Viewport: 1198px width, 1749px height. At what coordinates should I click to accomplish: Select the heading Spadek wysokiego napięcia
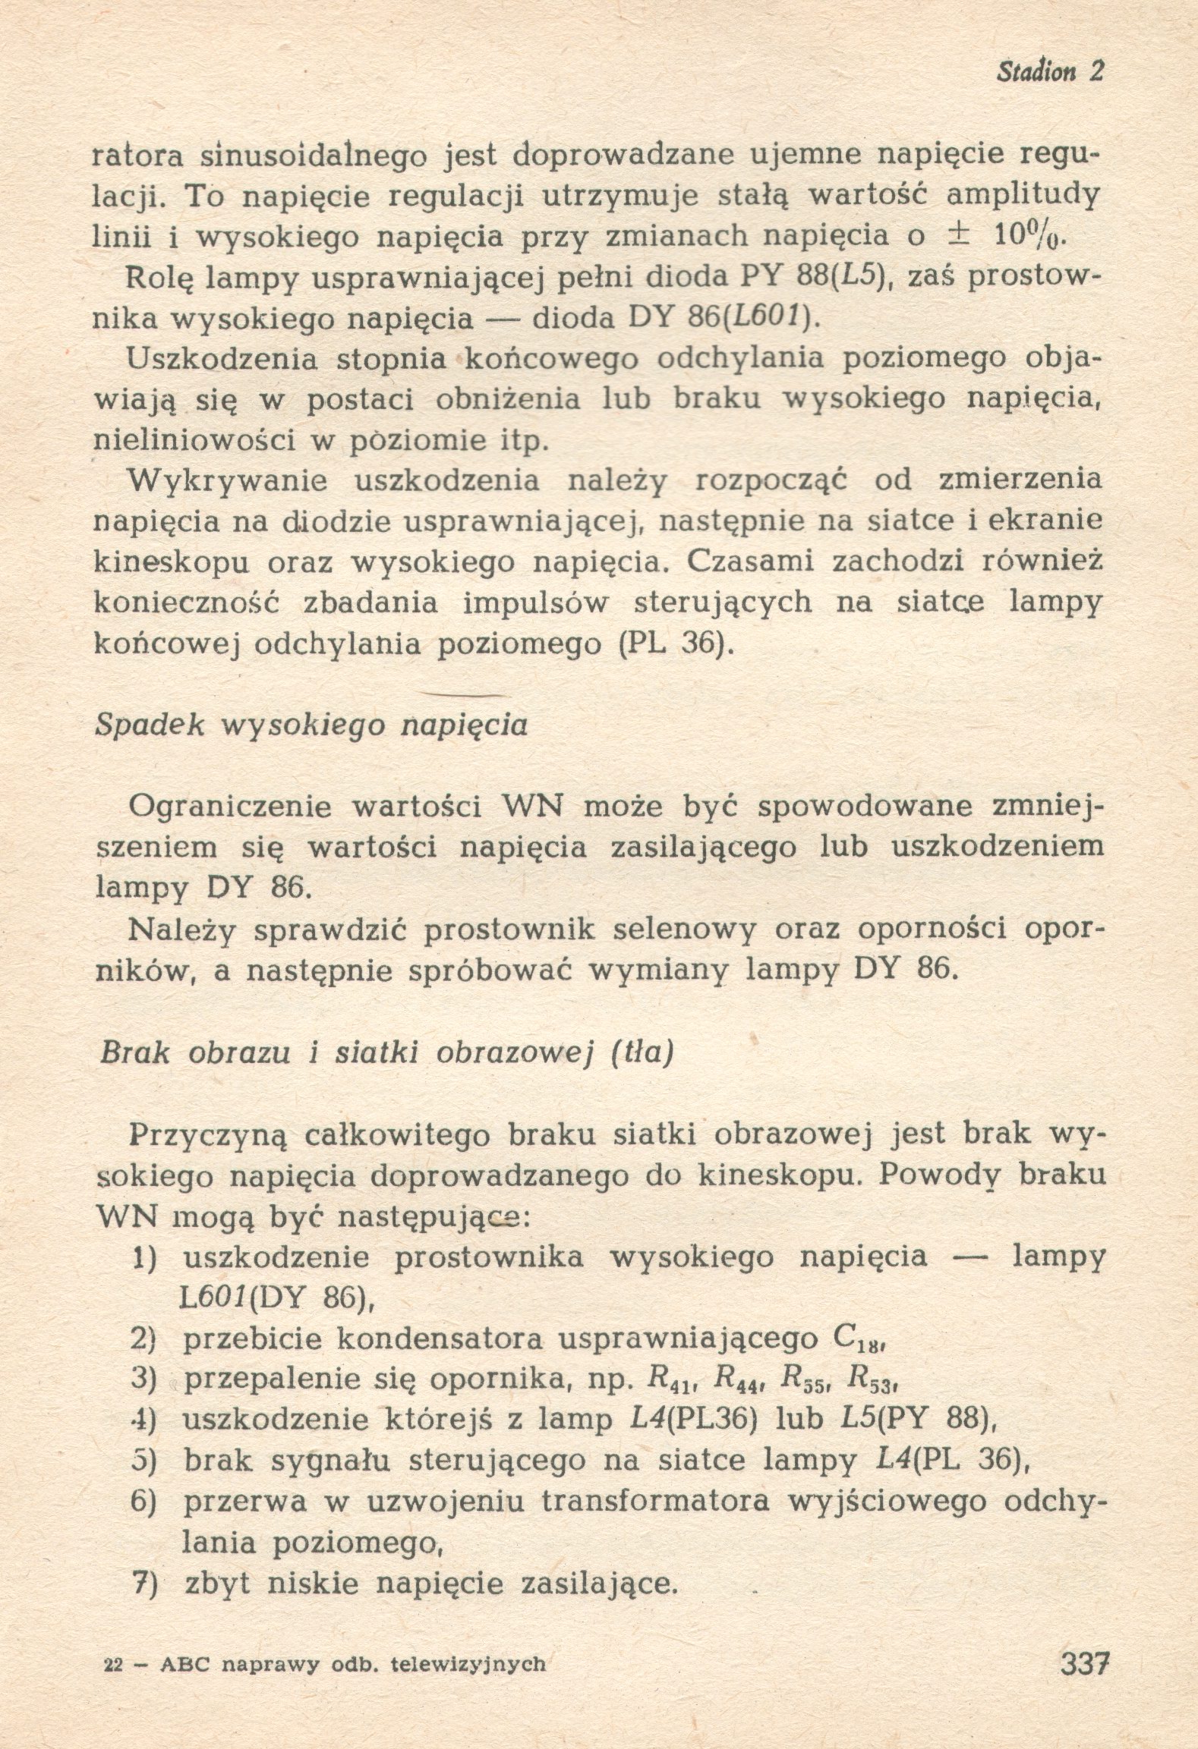pos(311,725)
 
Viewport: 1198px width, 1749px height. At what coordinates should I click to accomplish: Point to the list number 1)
pos(143,1257)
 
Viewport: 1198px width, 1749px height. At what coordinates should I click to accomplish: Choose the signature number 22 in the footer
pos(112,1664)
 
